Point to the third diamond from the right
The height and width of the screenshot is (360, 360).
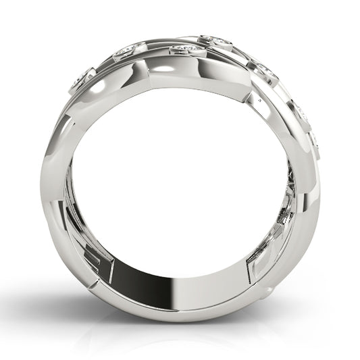coord(265,69)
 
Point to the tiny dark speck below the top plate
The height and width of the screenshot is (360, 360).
coord(258,99)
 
